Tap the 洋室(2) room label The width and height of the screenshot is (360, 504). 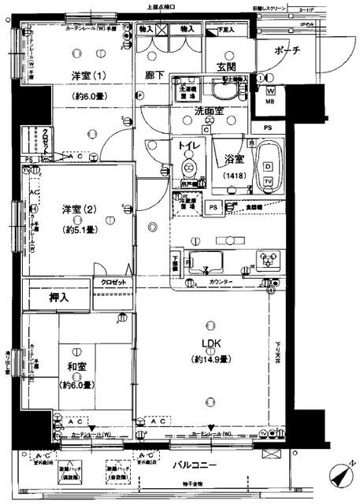click(77, 209)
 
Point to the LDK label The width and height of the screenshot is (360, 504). click(209, 343)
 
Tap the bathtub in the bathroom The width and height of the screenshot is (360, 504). click(267, 165)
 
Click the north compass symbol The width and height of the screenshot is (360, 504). click(339, 475)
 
